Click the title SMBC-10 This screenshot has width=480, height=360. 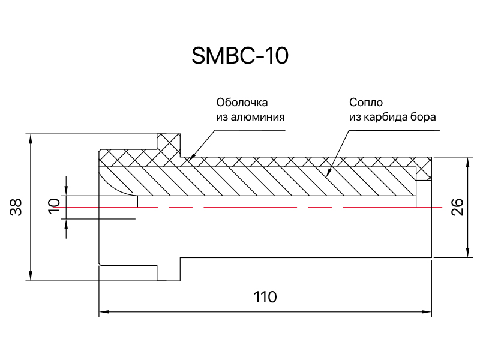pos(240,56)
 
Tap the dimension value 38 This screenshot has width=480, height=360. pos(16,207)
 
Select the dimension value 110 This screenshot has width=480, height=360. pos(265,296)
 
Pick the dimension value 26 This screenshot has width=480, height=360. pos(457,207)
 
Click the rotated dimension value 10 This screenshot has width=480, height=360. pos(54,206)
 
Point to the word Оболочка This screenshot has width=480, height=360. pos(242,102)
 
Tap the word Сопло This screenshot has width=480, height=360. pos(366,102)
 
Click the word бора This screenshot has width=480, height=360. pos(424,117)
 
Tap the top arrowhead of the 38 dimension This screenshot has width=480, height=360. pos(30,139)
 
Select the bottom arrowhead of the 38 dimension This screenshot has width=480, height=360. pos(30,275)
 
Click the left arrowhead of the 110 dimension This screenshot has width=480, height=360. pos(104,312)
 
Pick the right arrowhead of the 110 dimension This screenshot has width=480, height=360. pos(427,312)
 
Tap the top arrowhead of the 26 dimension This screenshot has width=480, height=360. pos(467,163)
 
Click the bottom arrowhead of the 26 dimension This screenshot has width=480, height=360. pos(467,252)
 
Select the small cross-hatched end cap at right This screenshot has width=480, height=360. pos(424,172)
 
